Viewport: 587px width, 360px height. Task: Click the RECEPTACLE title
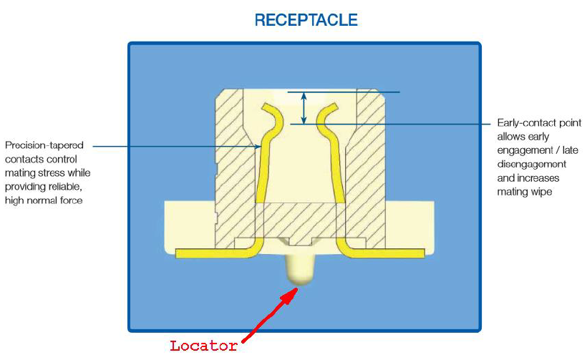coord(306,20)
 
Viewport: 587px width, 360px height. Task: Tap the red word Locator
coord(203,346)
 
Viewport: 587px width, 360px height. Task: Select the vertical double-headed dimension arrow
coord(304,108)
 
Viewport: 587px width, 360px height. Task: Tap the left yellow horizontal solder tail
coord(213,253)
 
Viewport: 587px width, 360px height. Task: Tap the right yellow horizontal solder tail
coord(386,253)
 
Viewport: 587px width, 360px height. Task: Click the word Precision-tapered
coord(44,145)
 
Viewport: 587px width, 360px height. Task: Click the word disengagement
coord(532,165)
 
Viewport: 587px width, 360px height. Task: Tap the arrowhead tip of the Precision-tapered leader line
coord(261,146)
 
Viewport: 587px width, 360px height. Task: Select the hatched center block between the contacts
coord(299,220)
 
